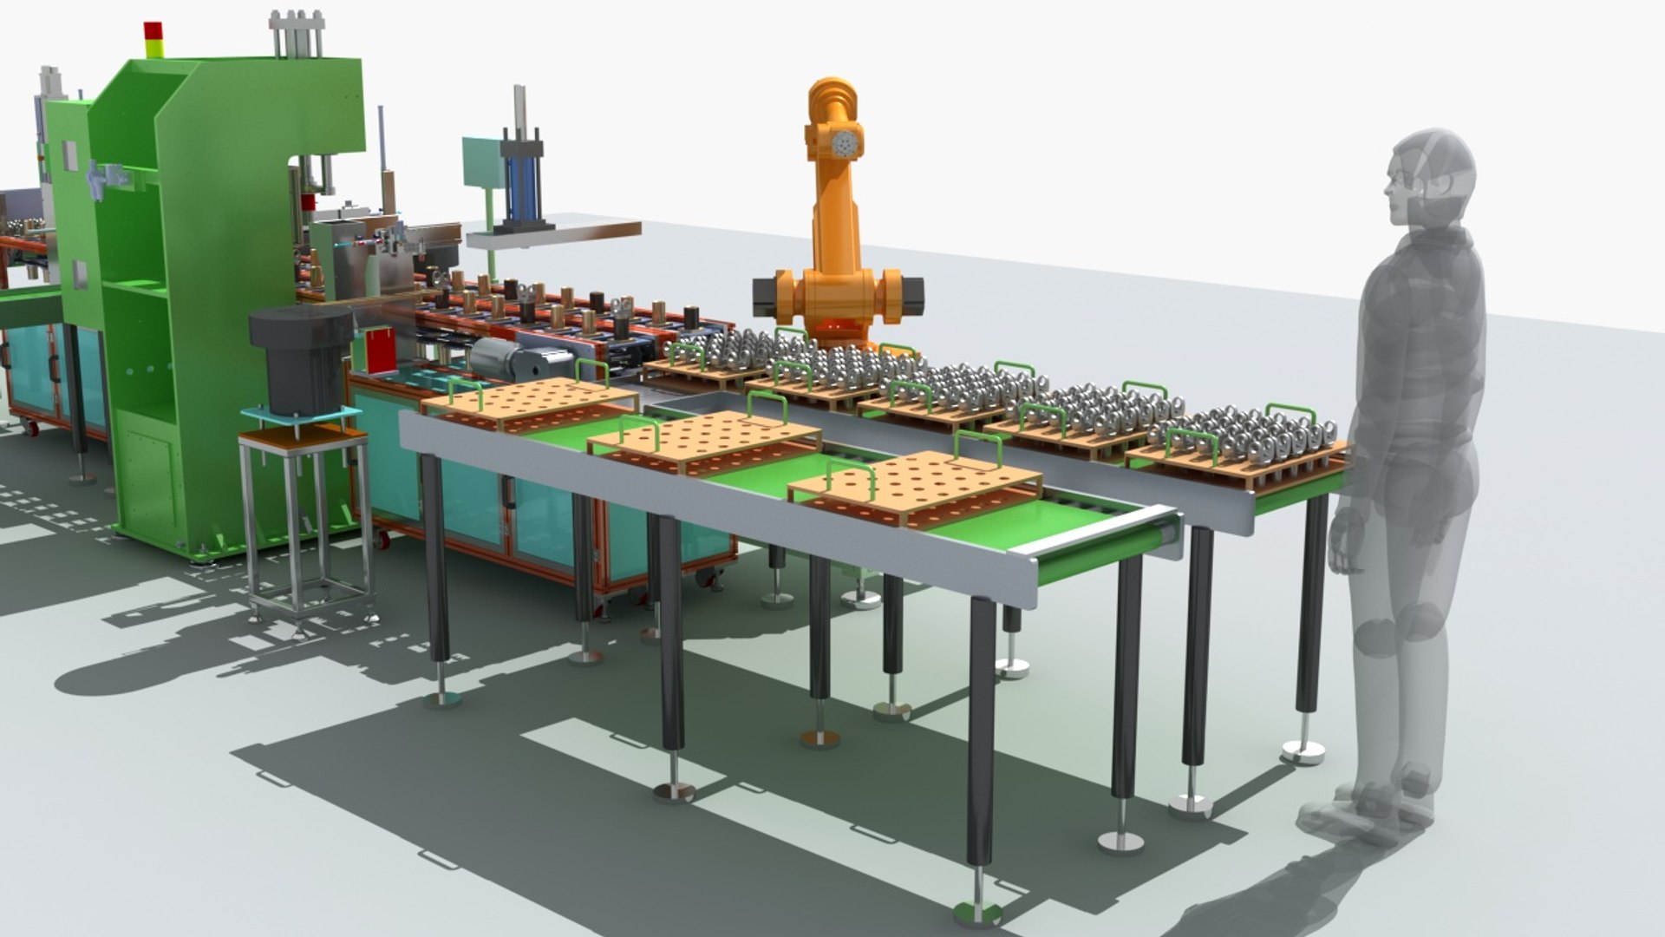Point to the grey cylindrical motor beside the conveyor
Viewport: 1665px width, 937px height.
coord(499,357)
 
